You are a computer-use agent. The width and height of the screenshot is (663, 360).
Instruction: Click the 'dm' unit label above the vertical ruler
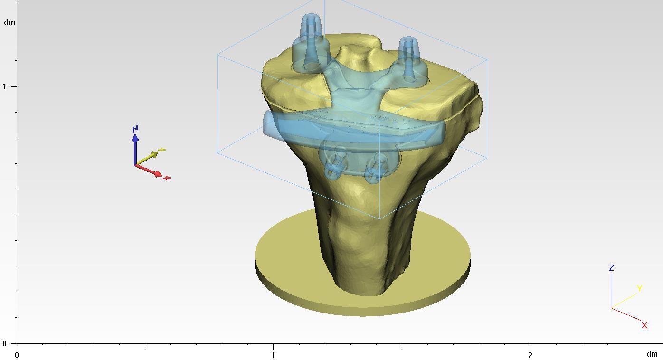(9, 22)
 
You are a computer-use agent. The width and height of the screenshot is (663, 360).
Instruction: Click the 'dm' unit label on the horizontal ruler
(652, 354)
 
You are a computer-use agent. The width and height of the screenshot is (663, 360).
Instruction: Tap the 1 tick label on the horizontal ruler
(273, 354)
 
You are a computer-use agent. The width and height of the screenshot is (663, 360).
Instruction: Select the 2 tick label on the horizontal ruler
(530, 354)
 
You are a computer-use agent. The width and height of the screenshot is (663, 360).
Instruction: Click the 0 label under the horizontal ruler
(17, 354)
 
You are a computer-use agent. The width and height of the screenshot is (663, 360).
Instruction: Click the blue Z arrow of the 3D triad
(135, 145)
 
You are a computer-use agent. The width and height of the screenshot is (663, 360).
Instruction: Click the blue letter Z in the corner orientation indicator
(611, 268)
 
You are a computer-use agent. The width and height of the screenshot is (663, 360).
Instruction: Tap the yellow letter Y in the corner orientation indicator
(639, 288)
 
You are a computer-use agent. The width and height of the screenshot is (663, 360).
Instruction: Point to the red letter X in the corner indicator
(644, 325)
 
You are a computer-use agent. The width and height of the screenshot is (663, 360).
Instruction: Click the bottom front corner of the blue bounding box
(379, 219)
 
